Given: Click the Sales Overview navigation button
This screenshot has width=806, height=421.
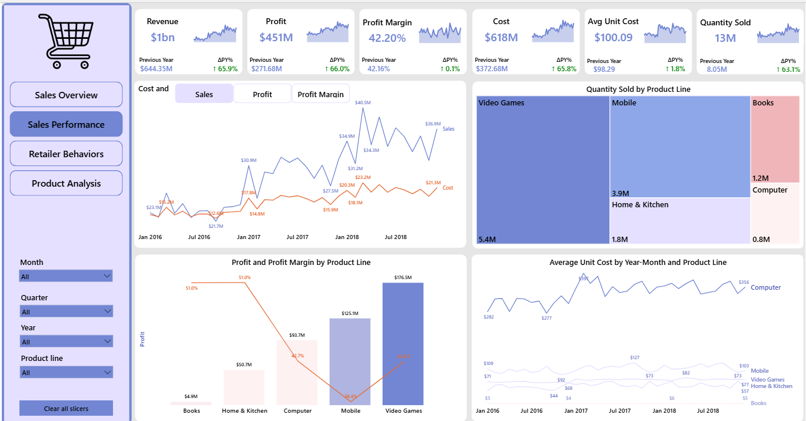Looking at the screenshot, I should pos(66,95).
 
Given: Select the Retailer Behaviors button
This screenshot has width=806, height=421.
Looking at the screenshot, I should pos(66,154).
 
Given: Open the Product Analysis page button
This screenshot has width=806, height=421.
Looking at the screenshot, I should pos(66,183).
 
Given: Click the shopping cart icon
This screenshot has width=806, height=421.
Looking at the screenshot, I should pos(65,41).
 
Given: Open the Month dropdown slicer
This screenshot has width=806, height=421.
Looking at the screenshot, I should pos(66,276).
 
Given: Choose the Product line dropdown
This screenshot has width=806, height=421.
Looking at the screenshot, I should pos(66,372).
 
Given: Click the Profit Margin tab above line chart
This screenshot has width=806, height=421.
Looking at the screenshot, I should pos(320,94).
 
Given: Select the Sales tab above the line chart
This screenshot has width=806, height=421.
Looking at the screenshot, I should pos(204,94).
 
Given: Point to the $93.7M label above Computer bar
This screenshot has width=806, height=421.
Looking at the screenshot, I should pos(297,335).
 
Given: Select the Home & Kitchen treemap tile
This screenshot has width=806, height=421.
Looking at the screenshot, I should pos(679,221).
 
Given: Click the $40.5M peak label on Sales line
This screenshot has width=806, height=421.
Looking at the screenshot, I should pos(363,102).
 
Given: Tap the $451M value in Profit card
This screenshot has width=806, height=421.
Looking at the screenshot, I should pos(276,38).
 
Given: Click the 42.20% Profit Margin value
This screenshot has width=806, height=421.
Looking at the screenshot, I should pos(387,38).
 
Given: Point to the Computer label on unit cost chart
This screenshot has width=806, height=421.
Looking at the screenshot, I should pos(765,287).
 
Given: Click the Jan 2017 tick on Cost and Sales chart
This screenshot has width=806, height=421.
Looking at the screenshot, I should pos(248,237).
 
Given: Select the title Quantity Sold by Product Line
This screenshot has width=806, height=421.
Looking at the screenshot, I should pos(638,89).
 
